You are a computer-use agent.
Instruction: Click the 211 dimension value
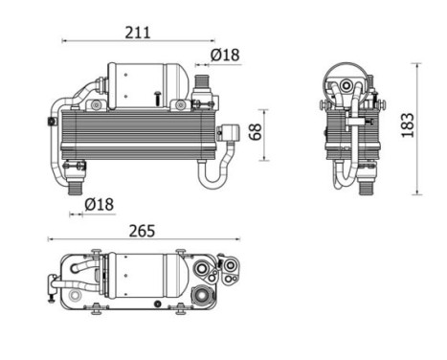coord(138,32)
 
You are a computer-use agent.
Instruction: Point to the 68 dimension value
coord(256,130)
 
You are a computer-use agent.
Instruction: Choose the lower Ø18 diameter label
coord(100,203)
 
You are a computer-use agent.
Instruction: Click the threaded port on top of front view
coord(201,79)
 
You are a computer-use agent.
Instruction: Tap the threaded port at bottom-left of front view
coord(74,185)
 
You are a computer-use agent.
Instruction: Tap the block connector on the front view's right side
coord(230,134)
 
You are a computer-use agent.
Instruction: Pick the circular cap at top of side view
coord(346,77)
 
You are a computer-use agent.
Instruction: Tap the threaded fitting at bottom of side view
coord(364,183)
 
